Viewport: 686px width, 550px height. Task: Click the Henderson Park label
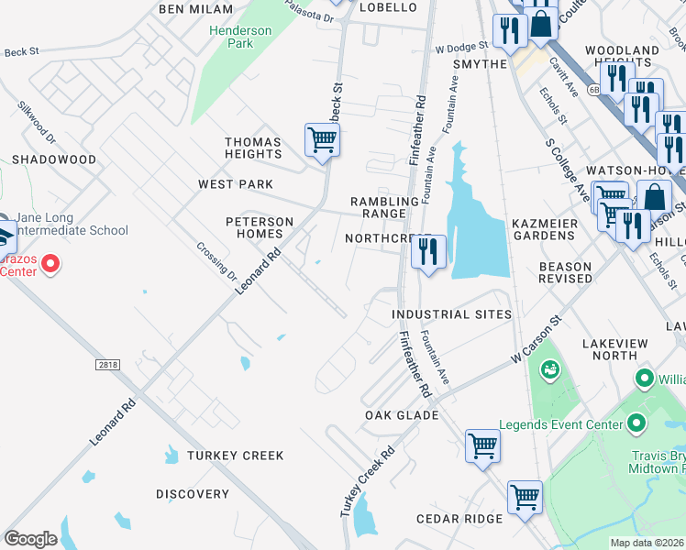pos(240,37)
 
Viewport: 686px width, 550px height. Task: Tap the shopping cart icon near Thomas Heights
pos(322,141)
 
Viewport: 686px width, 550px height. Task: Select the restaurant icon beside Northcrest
pos(427,251)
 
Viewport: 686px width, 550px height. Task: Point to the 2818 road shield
pos(107,365)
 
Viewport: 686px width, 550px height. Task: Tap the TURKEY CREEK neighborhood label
pos(236,456)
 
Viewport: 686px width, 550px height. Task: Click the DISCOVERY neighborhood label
pos(193,494)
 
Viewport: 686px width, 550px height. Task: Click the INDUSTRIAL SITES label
pos(451,314)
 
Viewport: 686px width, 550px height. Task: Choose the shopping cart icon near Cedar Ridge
pos(525,498)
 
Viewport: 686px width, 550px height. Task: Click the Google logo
pos(30,539)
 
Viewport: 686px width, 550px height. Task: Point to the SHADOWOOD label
pos(54,159)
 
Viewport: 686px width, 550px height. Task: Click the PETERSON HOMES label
pos(260,227)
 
